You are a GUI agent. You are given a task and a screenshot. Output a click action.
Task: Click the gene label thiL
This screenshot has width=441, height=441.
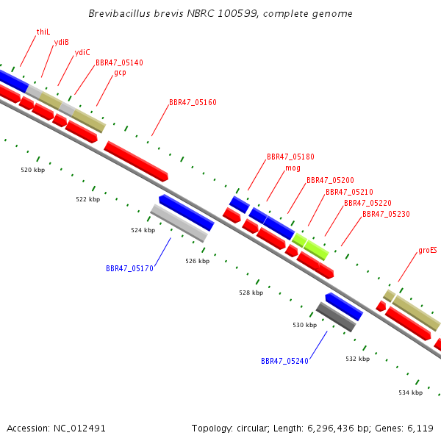pyautogui.click(x=43, y=32)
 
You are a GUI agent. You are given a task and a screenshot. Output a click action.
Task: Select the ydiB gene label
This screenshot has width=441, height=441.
pyautogui.click(x=61, y=42)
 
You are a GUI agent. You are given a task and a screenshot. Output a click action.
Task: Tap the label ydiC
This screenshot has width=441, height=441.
pyautogui.click(x=82, y=52)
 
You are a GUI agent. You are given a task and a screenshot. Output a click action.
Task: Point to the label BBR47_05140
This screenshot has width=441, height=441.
pyautogui.click(x=119, y=62)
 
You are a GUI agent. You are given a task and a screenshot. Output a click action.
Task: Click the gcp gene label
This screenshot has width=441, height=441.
pyautogui.click(x=120, y=73)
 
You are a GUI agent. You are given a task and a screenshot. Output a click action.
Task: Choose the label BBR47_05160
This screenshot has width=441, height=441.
pyautogui.click(x=193, y=102)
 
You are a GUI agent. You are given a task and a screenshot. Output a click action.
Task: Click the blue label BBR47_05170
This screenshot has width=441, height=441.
pyautogui.click(x=129, y=268)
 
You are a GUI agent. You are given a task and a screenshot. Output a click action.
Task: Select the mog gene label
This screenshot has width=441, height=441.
pyautogui.click(x=293, y=168)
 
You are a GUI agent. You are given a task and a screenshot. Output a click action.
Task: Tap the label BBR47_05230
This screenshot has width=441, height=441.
pyautogui.click(x=386, y=214)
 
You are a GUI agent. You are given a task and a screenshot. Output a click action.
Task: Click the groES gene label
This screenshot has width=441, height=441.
pyautogui.click(x=428, y=251)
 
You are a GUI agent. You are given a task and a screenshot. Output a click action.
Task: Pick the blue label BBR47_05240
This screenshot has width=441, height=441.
pyautogui.click(x=284, y=361)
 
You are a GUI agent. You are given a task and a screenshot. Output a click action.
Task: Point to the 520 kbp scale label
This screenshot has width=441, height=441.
pyautogui.click(x=33, y=170)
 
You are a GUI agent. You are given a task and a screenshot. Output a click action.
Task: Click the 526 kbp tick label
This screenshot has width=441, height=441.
pyautogui.click(x=198, y=261)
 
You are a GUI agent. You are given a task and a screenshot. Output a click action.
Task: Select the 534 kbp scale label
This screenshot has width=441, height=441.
pyautogui.click(x=411, y=392)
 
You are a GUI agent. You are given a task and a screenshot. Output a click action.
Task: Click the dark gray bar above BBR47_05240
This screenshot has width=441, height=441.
pyautogui.click(x=336, y=317)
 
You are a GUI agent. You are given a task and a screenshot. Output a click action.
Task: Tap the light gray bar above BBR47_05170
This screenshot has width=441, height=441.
pyautogui.click(x=179, y=223)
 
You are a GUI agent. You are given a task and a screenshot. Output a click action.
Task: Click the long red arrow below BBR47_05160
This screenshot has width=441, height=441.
pyautogui.click(x=136, y=161)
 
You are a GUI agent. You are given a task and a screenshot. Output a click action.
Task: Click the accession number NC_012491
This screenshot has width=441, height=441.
pyautogui.click(x=79, y=429)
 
